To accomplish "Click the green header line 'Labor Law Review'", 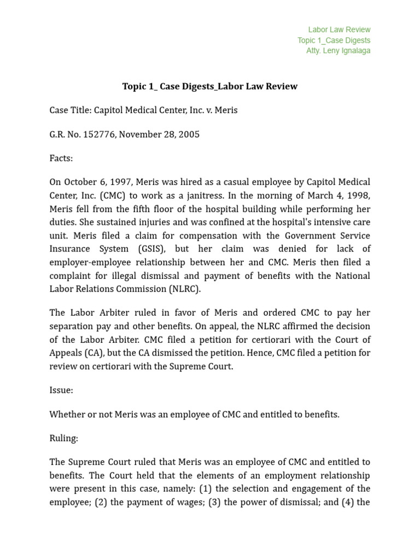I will click(x=339, y=30).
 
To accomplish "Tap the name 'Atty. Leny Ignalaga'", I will click(x=338, y=51).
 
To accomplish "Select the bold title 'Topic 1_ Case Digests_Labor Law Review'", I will click(x=210, y=86).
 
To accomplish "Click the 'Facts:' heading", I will click(x=61, y=159).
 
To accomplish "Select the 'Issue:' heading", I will click(x=61, y=390).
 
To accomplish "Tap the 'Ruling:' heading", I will click(x=63, y=439).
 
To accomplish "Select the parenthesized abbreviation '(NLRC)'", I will click(x=183, y=289).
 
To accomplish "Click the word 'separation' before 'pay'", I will click(x=71, y=326).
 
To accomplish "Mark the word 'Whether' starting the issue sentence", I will click(x=66, y=415).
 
